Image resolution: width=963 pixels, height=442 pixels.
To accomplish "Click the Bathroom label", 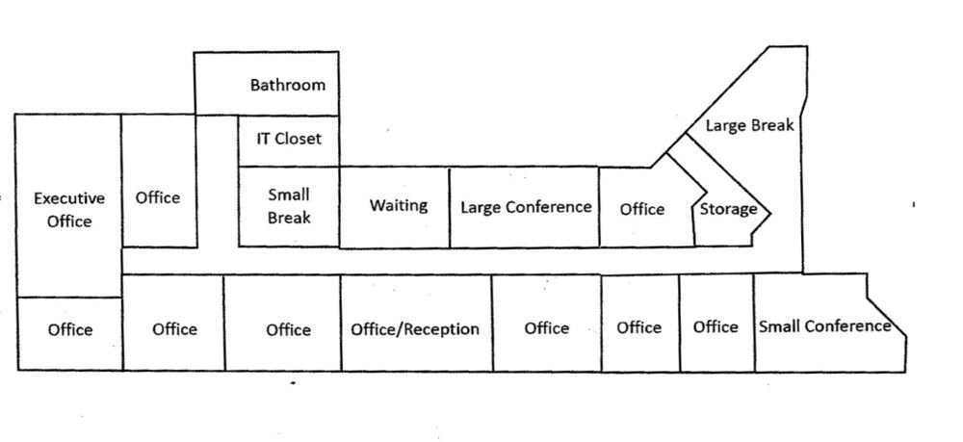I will click(x=288, y=85).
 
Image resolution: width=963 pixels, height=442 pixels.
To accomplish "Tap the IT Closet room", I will click(x=289, y=139).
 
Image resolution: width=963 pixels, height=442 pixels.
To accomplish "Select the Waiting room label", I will click(x=399, y=206).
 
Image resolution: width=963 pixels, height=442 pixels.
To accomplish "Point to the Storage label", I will click(x=728, y=209).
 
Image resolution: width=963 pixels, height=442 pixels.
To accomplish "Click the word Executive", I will click(x=69, y=199).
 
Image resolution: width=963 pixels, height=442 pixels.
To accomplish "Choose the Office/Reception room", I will click(x=415, y=329).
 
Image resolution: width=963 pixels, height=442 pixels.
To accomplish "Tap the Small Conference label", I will click(x=825, y=326).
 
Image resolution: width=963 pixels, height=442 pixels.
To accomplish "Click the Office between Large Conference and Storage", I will click(x=642, y=209).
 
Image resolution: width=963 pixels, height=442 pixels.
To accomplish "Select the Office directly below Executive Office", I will click(x=70, y=330).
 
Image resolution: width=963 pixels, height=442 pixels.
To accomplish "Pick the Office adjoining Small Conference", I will click(x=716, y=327).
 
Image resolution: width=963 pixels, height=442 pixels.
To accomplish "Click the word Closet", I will click(x=299, y=139).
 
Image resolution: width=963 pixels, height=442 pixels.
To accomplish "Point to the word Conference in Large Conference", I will click(x=557, y=207).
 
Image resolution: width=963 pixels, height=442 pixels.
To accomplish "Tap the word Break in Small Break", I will click(x=289, y=218).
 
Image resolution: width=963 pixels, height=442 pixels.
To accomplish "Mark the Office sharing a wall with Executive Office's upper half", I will click(x=158, y=197).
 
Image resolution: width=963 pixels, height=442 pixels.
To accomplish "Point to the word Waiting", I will click(x=399, y=206).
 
